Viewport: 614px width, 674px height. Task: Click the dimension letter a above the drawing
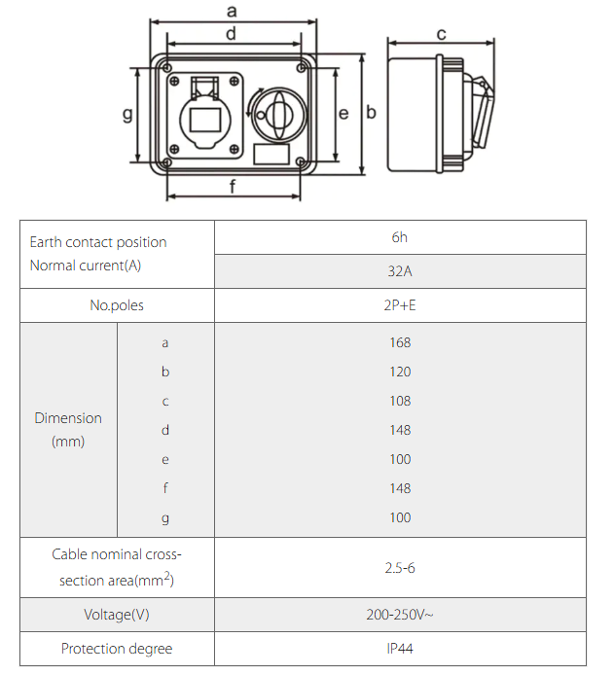232,12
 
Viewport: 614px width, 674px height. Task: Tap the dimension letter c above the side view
441,35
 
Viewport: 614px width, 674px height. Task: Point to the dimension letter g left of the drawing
126,115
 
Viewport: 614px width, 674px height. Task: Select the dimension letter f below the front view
232,188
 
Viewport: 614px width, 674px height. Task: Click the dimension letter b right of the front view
371,112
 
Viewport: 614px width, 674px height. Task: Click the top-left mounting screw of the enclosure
169,69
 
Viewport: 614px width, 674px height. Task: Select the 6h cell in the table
400,237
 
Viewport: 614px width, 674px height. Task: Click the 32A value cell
400,271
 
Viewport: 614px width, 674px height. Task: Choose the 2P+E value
400,305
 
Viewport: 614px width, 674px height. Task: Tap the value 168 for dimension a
400,342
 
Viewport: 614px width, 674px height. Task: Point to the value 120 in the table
400,372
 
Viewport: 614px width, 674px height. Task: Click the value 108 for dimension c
400,401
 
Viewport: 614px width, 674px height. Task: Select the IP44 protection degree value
400,649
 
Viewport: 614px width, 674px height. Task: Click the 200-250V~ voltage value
400,615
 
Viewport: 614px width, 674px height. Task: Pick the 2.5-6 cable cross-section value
400,568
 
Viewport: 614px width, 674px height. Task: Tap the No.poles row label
117,305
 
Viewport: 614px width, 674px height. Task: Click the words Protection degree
117,649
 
